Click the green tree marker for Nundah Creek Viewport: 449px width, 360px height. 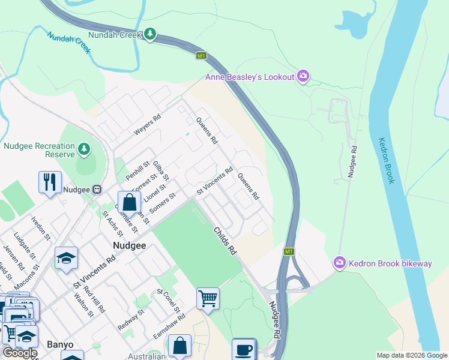[x=150, y=35]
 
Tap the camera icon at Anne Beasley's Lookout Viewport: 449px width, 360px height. [x=304, y=76]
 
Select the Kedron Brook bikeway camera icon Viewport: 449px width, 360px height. [x=340, y=263]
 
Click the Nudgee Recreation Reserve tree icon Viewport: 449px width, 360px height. [x=85, y=148]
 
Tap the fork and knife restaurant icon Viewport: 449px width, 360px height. [x=50, y=181]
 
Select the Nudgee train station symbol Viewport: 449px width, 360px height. [x=96, y=190]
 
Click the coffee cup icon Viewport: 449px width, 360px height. [x=243, y=349]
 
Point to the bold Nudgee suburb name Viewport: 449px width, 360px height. [x=129, y=245]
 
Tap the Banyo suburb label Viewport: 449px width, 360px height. [x=60, y=344]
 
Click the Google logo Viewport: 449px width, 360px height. [x=20, y=353]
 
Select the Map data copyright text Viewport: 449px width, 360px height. [x=411, y=355]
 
